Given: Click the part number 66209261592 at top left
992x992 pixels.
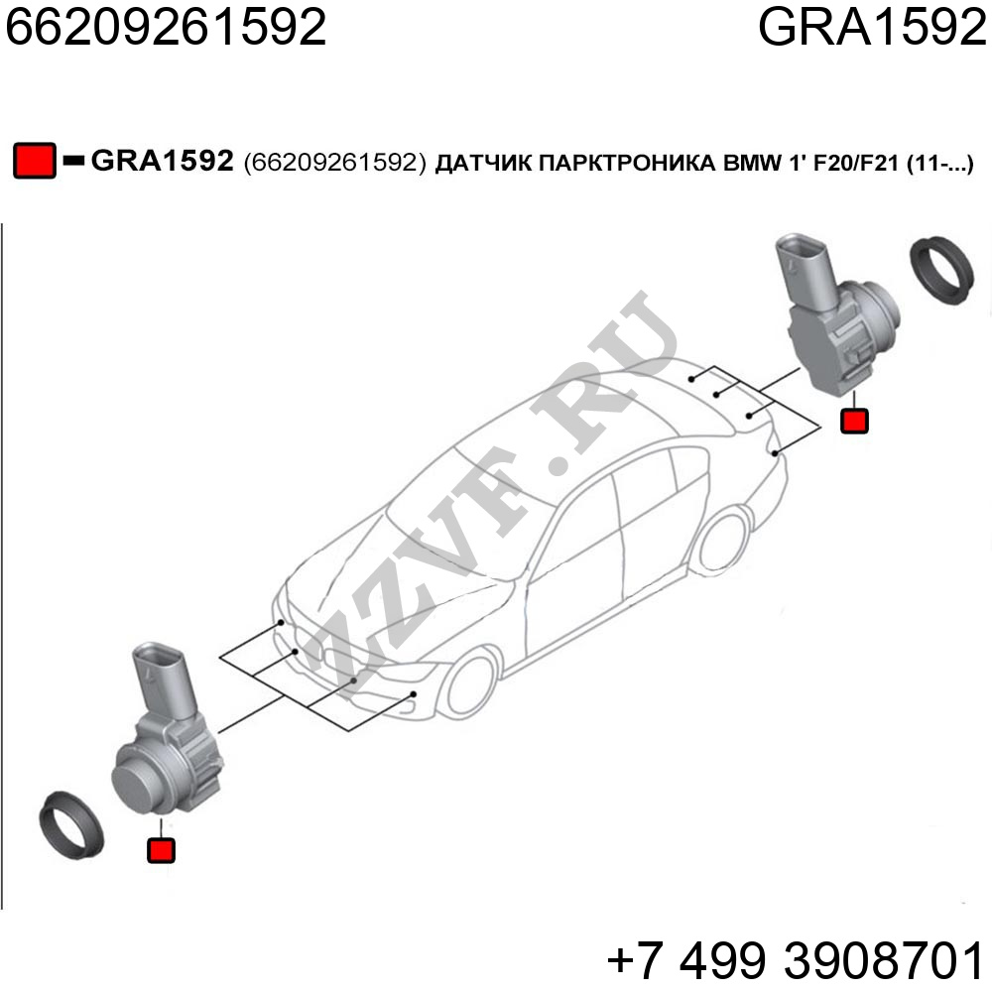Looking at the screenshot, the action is pos(166,27).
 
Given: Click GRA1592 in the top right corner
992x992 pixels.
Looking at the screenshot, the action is pos(872,27).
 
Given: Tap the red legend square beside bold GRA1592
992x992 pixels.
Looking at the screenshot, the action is pos(34,161).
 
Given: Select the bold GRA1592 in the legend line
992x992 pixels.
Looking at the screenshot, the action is pos(163,161).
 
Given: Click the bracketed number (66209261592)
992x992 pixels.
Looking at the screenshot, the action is pos(334,163).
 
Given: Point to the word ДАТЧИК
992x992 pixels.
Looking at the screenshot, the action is pos(482,164).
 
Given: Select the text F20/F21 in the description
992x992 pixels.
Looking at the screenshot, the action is pos(856,164).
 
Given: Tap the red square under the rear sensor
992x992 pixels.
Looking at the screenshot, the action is pos(854,421).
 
